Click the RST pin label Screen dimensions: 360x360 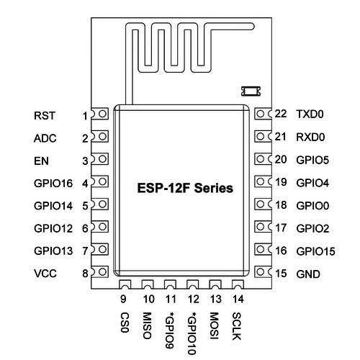point(45,116)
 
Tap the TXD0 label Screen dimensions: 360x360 point(310,114)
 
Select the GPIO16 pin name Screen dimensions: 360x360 point(53,184)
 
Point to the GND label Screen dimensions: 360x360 point(308,274)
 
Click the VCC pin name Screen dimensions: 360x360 point(45,274)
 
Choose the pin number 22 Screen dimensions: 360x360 point(281,114)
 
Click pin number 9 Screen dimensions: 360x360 point(123,299)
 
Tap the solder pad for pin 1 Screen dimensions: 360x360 point(100,114)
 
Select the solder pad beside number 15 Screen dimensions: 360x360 point(263,272)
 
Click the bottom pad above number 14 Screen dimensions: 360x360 point(238,284)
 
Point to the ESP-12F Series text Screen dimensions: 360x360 point(185,188)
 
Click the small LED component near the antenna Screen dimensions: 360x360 point(251,91)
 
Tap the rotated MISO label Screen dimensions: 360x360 point(147,325)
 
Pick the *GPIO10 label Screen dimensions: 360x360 point(192,333)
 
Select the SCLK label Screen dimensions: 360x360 point(237,326)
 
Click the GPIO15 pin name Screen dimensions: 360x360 point(315,251)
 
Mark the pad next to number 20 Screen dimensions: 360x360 point(263,159)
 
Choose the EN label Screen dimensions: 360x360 point(41,161)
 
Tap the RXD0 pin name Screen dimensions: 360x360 point(310,137)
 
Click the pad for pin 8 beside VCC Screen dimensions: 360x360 point(100,272)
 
